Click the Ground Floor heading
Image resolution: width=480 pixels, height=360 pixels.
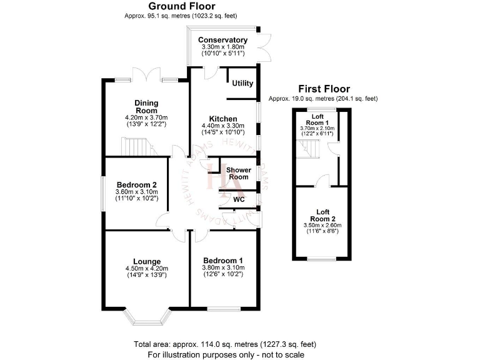(182, 6)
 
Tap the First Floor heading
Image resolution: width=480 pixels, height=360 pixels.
(324, 89)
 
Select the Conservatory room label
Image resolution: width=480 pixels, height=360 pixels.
(222, 40)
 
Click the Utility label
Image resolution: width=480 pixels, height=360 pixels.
(242, 83)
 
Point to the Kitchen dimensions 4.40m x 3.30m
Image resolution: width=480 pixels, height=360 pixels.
(223, 126)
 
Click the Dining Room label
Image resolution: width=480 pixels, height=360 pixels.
(146, 106)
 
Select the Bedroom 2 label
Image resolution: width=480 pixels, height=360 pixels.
(136, 185)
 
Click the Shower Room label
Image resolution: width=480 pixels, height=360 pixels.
(239, 173)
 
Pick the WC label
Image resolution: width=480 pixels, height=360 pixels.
(239, 199)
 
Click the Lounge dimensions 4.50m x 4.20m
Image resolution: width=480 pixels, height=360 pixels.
(147, 269)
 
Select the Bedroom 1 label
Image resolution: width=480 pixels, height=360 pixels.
(223, 261)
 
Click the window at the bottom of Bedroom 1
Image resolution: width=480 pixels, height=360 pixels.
(223, 309)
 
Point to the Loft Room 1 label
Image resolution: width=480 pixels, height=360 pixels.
(317, 120)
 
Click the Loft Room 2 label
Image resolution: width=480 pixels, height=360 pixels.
(322, 215)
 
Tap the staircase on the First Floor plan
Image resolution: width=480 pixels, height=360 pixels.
(307, 149)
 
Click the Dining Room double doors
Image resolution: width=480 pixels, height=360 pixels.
(146, 75)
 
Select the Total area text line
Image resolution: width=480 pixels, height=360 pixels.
(225, 344)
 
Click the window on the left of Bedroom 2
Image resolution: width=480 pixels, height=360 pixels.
(104, 194)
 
